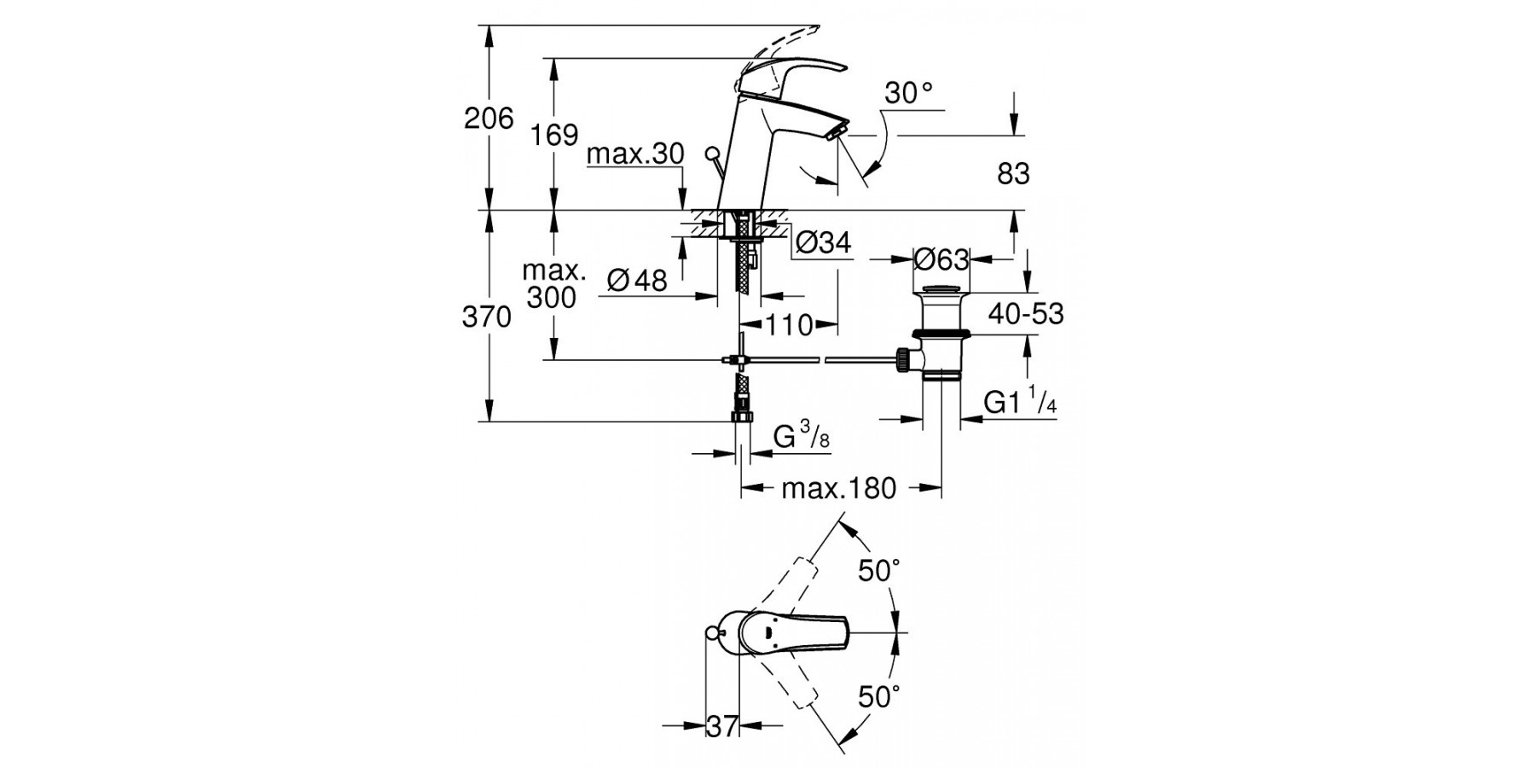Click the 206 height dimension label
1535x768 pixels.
tap(489, 118)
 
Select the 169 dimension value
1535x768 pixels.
tap(554, 135)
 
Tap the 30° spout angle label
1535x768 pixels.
tap(908, 93)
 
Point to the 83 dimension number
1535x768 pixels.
tap(1013, 174)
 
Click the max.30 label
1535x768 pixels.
tap(636, 154)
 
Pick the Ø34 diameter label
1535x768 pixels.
tap(823, 243)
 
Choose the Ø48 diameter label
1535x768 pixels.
tap(637, 280)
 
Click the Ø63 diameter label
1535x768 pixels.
tap(941, 258)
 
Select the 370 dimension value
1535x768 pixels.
tap(487, 317)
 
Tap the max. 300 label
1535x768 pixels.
tap(553, 285)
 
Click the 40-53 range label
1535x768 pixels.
tap(1026, 314)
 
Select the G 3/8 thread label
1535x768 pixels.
tap(801, 438)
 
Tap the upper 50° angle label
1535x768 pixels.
tap(879, 571)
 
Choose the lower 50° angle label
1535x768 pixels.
tap(879, 697)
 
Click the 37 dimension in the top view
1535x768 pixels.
tap(722, 727)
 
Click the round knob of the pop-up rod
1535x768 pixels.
tap(712, 155)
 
